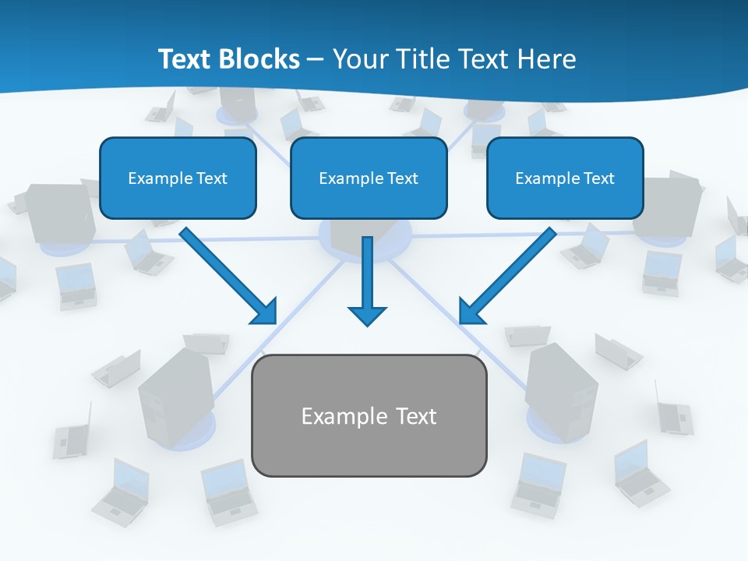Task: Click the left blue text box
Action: tap(178, 178)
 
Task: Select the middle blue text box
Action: tap(369, 178)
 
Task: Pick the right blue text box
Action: tap(565, 178)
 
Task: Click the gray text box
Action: tap(369, 415)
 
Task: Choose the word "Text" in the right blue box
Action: tap(598, 178)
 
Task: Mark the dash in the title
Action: tap(316, 60)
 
